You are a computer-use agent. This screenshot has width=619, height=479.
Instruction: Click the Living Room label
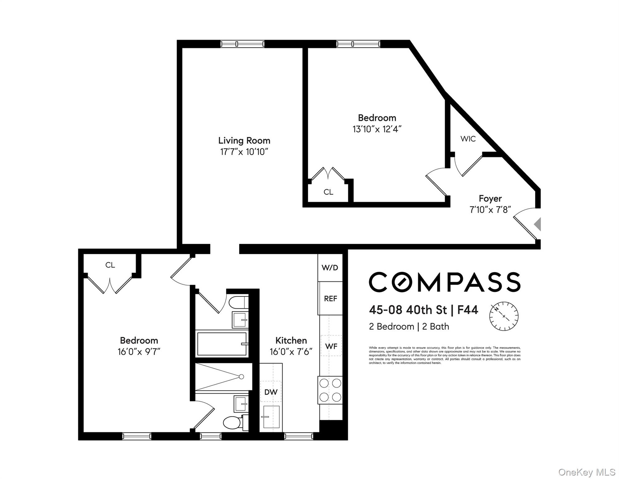coord(244,141)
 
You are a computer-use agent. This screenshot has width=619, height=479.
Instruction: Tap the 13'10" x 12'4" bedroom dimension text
coord(377,129)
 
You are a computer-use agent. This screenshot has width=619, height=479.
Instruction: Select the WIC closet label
coord(468,139)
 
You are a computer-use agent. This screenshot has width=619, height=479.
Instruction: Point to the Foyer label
coord(490,199)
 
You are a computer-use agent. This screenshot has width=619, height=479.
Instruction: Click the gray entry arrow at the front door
coord(537,224)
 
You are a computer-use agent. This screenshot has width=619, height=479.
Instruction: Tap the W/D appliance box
coord(330,268)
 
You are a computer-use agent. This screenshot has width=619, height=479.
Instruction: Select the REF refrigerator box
coord(330,298)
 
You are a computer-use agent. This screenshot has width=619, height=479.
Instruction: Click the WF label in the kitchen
coord(331,346)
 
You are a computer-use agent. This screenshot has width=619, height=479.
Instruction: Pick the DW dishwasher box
coord(271,392)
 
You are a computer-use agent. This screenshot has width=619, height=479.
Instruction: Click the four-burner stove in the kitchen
coord(330,390)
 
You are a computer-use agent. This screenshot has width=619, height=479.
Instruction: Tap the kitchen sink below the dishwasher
coord(271,417)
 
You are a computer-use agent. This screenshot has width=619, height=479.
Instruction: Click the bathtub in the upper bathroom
coord(222,344)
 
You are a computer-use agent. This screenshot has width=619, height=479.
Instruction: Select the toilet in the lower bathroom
coord(232,423)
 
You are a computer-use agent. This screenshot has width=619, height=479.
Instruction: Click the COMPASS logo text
coord(444,282)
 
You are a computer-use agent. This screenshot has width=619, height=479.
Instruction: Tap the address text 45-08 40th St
coord(408,310)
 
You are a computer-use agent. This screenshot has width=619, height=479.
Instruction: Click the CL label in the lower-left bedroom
coord(110,265)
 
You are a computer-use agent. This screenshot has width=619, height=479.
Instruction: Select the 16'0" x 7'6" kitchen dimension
coord(291,352)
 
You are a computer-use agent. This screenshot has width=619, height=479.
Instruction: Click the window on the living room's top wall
coord(242,44)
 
